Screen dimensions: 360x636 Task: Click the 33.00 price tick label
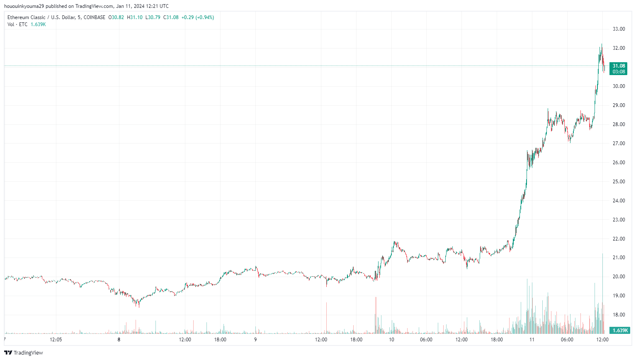619,29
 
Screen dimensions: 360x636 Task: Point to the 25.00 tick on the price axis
619,182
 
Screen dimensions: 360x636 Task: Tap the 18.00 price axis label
619,315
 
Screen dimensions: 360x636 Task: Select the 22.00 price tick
619,239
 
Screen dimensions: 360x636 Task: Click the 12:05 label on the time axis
56,340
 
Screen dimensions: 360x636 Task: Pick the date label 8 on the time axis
119,340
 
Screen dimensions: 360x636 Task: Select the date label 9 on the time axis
255,340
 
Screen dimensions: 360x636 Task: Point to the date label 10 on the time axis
391,340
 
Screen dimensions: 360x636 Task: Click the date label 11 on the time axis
532,340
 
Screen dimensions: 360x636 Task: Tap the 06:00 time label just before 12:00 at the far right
567,340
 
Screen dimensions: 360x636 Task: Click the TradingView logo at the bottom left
24,353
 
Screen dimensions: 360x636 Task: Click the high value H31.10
135,17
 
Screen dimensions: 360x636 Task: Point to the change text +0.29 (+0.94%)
198,17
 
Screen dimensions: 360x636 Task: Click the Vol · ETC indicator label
17,24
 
